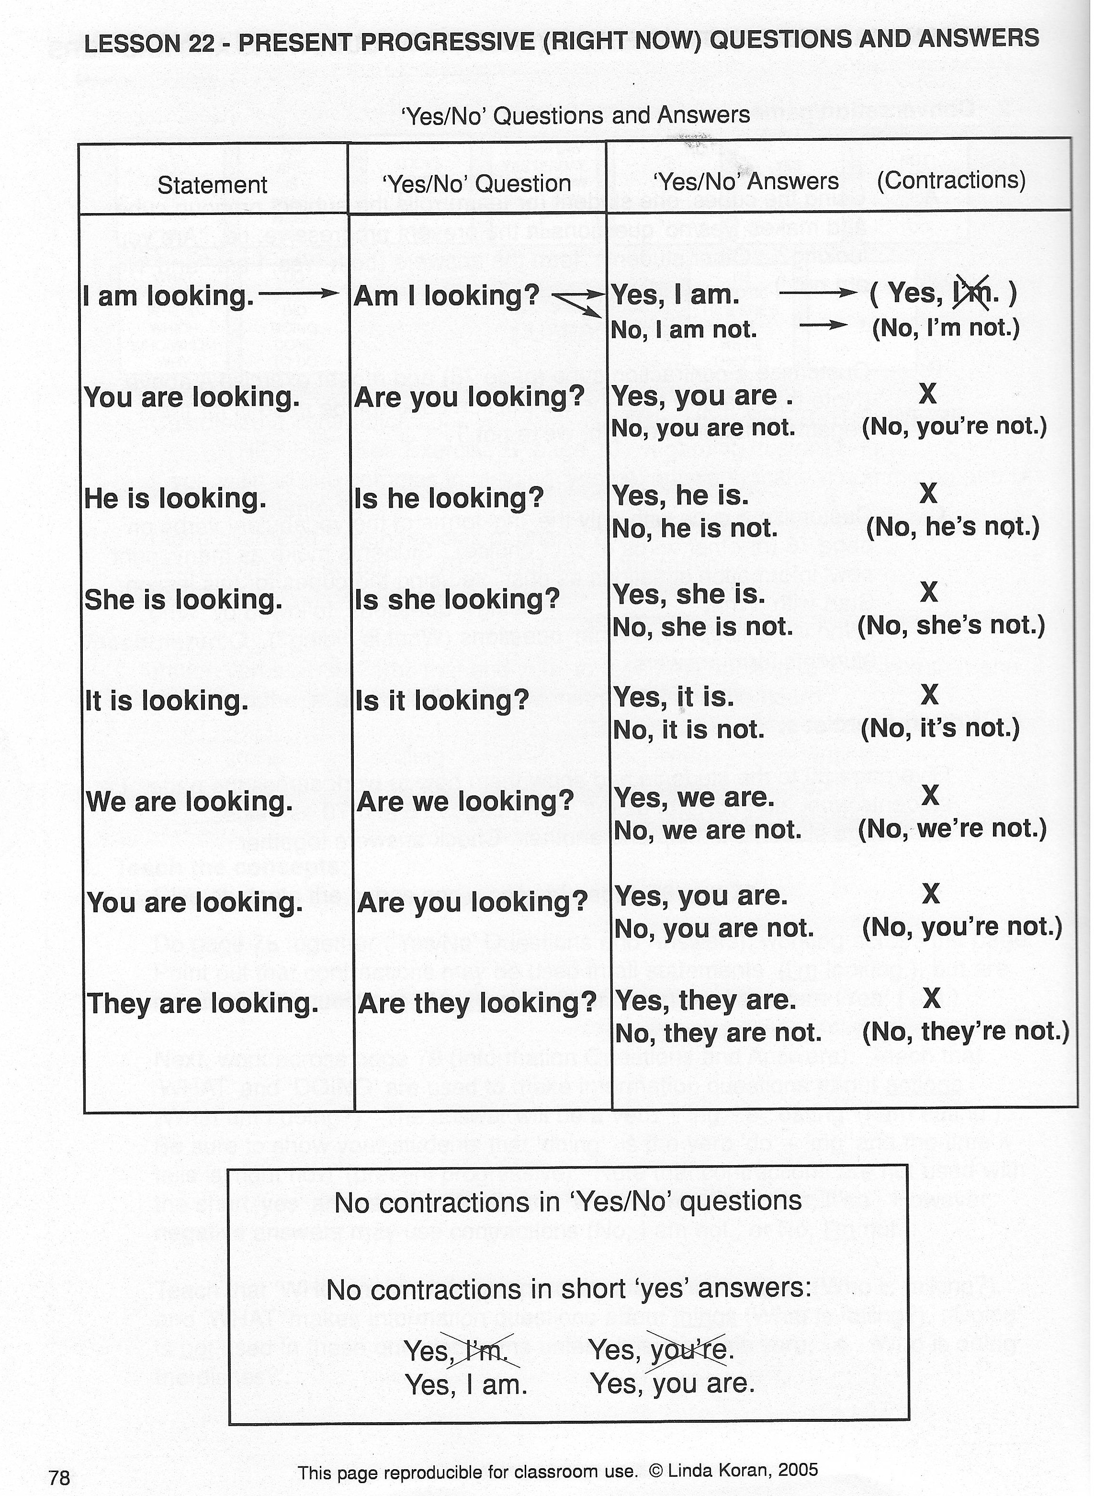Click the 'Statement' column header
212,185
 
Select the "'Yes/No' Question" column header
476,183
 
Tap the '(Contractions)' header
950,180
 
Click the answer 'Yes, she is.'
688,595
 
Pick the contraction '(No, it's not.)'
940,728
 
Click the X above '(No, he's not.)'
928,493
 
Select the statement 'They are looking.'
203,1003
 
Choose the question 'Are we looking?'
464,802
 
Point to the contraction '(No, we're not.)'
952,828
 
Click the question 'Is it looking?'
442,701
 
